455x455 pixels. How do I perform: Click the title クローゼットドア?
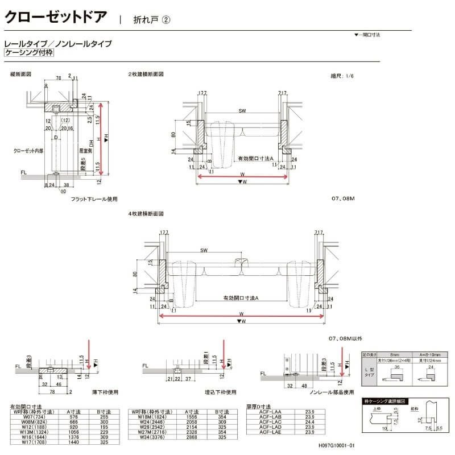55,16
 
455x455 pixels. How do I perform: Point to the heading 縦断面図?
20,75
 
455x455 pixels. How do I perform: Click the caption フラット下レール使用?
94,199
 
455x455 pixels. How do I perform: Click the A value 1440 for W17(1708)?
72,442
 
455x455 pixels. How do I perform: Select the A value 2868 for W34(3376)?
192,437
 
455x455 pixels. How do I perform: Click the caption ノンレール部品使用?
331,392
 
